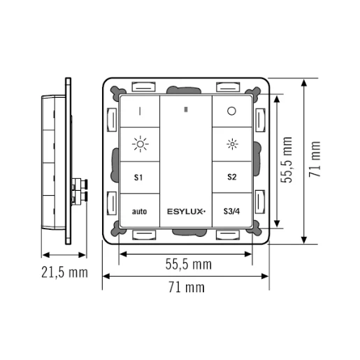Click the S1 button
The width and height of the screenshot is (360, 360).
[x=139, y=178]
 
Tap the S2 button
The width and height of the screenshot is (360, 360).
[x=231, y=178]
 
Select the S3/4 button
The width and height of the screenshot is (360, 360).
[x=231, y=210]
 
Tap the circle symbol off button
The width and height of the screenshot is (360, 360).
[x=232, y=111]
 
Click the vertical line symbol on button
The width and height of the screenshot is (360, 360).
[x=139, y=111]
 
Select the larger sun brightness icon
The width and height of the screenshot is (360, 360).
[x=140, y=145]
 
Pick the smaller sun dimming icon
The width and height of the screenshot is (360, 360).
[x=232, y=145]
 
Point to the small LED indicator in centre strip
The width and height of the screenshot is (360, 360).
[x=186, y=109]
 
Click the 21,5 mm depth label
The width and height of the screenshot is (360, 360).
[x=63, y=272]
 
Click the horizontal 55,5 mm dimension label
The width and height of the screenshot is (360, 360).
[x=187, y=264]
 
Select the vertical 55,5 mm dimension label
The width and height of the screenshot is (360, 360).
[x=287, y=160]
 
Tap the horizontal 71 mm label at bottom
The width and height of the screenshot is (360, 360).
[x=186, y=287]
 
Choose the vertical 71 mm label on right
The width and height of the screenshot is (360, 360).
[x=317, y=160]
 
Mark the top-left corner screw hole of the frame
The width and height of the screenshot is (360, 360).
[x=113, y=90]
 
